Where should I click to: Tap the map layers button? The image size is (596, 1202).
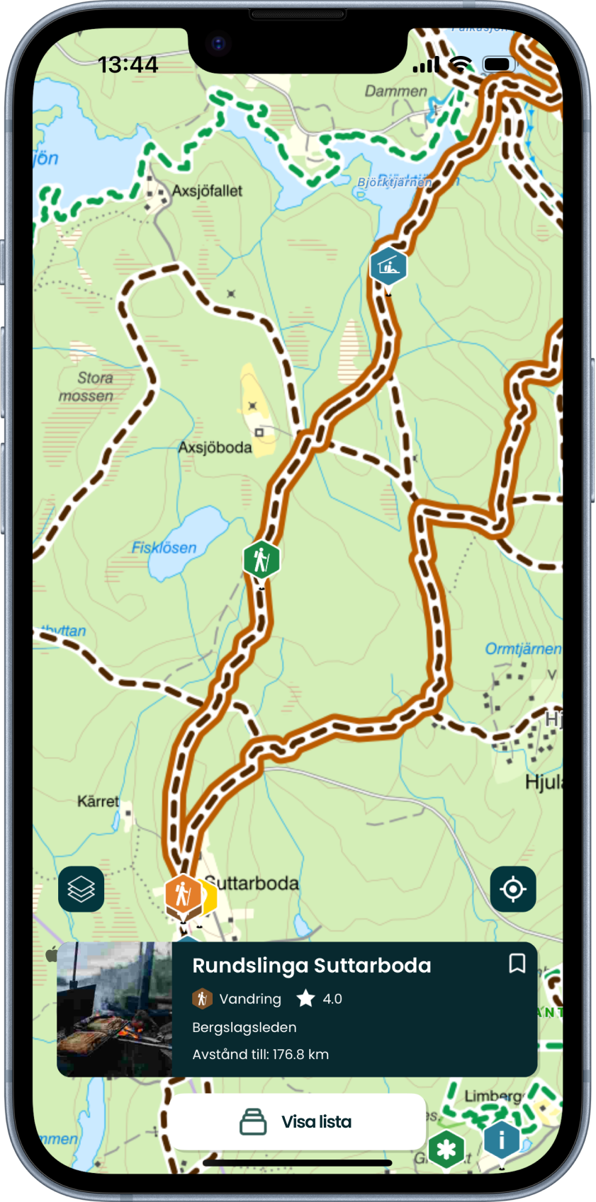point(81,888)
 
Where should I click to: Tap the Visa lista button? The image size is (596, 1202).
point(297,1122)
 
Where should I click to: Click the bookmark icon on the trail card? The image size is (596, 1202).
point(517,963)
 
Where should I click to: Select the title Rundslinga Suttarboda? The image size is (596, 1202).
point(312,966)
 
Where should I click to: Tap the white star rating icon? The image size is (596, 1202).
point(305,999)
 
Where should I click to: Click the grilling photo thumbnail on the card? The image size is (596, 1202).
point(115,1009)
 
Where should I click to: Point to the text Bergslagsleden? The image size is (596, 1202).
point(244,1027)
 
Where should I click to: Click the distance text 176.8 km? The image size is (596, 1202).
point(261,1054)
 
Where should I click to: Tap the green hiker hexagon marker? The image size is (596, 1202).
point(262,560)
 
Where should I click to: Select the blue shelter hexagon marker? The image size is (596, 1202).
point(388,267)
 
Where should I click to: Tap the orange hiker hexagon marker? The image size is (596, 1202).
point(183,894)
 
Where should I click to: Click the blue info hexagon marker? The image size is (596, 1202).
point(502,1140)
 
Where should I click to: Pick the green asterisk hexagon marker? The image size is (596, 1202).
point(446,1150)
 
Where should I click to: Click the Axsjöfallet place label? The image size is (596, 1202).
point(207,191)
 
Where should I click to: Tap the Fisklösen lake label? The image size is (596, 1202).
point(164,547)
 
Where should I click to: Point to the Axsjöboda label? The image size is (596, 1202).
point(215,447)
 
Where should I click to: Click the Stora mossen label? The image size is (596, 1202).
point(86,387)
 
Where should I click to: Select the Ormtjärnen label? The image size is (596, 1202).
point(522,648)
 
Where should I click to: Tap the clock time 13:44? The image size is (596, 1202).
point(128,65)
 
